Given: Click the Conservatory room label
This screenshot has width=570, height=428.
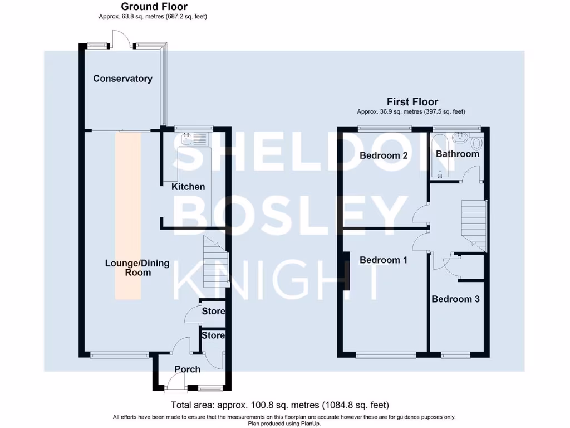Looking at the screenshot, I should (122, 79).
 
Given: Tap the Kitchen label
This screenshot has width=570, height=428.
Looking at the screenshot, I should (188, 187).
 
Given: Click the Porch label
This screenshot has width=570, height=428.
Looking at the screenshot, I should (187, 369).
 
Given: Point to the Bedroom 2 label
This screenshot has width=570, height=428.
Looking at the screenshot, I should (384, 155).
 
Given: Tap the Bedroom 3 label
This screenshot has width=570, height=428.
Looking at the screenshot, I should (455, 299).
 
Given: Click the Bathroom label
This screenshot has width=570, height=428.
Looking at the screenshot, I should (458, 154).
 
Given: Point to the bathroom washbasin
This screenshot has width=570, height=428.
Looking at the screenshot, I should (460, 137).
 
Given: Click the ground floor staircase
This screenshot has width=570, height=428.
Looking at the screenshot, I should (215, 262).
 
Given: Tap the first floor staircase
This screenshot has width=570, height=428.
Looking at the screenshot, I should (473, 223).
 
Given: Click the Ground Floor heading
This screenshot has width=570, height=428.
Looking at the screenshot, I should (154, 7).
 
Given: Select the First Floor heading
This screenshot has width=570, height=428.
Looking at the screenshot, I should (412, 102).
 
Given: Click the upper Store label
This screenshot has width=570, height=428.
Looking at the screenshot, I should (213, 311).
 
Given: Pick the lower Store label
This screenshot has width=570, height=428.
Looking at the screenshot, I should (213, 335).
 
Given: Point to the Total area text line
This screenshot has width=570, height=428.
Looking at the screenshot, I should (279, 405).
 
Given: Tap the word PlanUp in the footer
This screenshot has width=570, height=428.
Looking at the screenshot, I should (308, 423).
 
